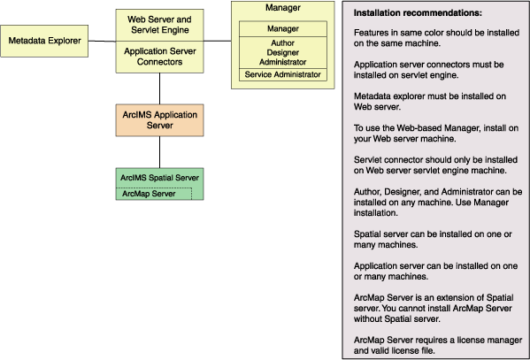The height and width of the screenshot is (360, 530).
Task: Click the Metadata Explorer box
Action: click(44, 41)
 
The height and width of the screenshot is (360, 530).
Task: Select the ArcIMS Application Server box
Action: click(159, 120)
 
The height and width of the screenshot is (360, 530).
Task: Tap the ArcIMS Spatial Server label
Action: click(159, 178)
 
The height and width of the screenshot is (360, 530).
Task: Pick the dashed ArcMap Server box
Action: click(154, 194)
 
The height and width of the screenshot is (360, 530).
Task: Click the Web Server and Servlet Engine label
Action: click(159, 25)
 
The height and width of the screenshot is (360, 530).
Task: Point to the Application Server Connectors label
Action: click(159, 57)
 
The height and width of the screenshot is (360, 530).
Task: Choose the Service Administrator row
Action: click(283, 74)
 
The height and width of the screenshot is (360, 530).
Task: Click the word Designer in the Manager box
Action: click(283, 53)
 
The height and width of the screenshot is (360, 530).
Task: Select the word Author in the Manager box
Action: click(283, 43)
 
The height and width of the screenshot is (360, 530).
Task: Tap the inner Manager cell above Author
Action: click(283, 29)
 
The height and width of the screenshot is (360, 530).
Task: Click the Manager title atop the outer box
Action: click(283, 8)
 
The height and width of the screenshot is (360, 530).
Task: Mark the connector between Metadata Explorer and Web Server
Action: click(102, 42)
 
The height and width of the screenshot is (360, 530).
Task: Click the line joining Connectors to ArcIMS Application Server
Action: click(159, 88)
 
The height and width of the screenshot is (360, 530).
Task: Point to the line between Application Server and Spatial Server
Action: click(159, 152)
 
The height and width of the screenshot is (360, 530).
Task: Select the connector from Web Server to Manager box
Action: click(218, 41)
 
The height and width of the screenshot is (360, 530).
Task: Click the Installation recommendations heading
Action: click(418, 13)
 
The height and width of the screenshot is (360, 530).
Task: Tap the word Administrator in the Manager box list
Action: click(283, 62)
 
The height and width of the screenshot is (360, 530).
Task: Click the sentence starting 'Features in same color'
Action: click(436, 38)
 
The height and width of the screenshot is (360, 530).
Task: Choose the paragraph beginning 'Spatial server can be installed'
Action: click(433, 240)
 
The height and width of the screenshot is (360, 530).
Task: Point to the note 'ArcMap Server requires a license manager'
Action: click(438, 345)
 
